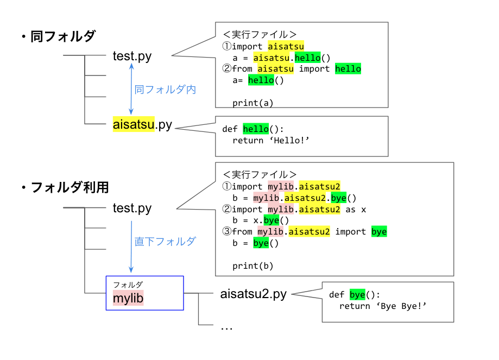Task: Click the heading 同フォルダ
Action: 62,37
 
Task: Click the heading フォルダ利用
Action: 69,187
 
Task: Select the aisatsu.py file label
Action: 142,124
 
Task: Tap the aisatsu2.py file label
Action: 254,294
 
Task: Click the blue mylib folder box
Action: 144,293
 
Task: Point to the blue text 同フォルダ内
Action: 165,90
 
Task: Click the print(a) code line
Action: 252,103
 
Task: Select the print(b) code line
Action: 252,266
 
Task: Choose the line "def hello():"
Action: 253,129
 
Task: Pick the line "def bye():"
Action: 355,295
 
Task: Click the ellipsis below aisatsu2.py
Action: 226,327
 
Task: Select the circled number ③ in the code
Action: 227,232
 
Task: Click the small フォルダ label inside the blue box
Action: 128,284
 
